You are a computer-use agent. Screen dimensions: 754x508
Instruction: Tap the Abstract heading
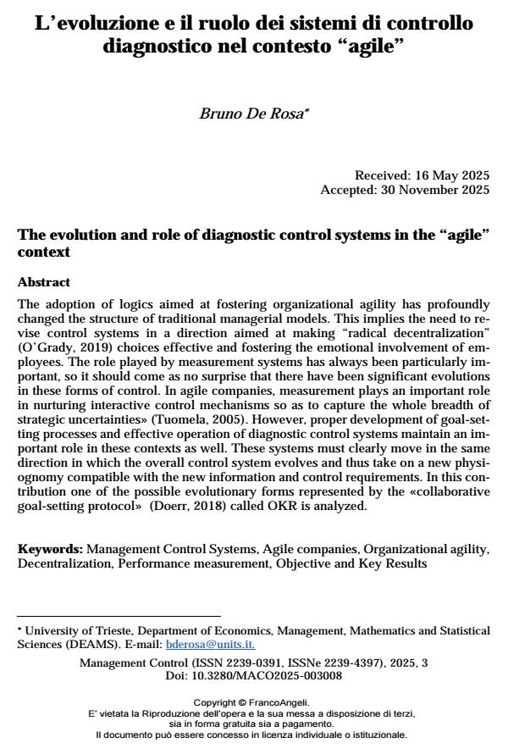coord(44,282)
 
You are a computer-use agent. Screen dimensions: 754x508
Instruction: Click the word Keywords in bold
coord(50,549)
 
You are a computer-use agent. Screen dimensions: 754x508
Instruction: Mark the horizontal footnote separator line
coord(119,616)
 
